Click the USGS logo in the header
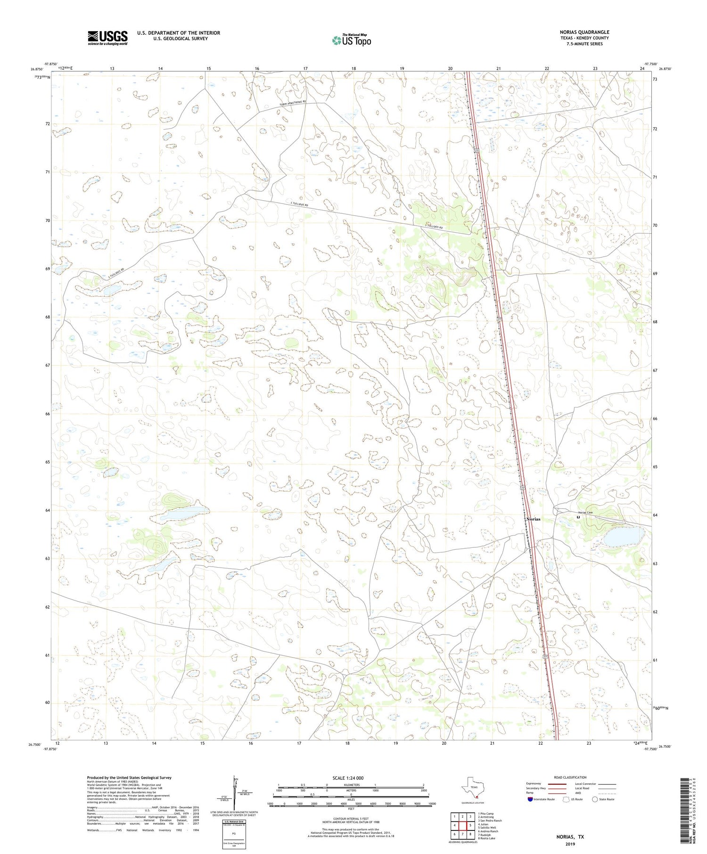[x=107, y=38]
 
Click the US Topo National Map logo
[x=351, y=41]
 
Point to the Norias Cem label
[x=585, y=512]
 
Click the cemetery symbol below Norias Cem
[x=578, y=517]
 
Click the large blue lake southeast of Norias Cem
[x=623, y=536]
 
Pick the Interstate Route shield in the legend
[x=530, y=799]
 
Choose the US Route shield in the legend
[x=567, y=799]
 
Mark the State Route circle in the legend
[x=595, y=799]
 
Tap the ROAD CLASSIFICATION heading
[x=570, y=777]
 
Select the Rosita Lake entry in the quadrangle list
[x=486, y=838]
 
